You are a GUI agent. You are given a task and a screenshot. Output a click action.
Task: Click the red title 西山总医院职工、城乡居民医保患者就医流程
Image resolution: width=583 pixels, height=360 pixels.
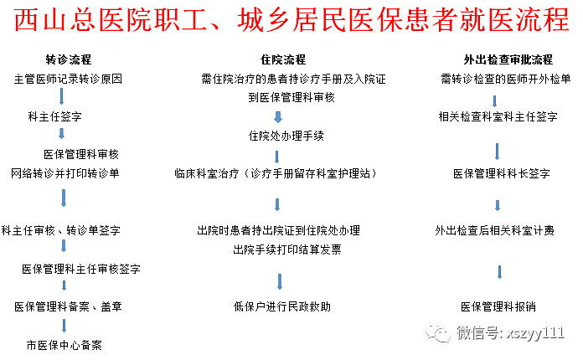pos(291,22)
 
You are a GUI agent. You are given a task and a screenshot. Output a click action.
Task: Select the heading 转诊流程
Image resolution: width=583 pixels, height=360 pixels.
pos(69,60)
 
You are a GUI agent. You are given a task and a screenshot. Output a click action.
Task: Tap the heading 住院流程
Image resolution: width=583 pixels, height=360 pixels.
pos(282,60)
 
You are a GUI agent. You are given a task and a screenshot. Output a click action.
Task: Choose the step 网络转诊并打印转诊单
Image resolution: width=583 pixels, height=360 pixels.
pos(65,173)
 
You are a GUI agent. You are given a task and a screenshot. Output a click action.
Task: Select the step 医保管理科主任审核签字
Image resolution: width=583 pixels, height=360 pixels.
pos(81,269)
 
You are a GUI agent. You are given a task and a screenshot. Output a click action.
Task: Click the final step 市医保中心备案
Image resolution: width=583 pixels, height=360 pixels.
pos(64,344)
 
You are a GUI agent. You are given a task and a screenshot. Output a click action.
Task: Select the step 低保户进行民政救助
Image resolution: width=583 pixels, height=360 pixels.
pos(282,306)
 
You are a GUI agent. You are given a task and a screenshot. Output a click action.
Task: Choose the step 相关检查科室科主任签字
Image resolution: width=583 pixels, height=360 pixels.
pos(498,117)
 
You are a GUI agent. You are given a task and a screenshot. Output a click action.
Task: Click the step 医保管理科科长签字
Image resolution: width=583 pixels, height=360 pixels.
pos(501,173)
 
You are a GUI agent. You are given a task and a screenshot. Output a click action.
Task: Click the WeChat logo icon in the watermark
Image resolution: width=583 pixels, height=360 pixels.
pos(439,334)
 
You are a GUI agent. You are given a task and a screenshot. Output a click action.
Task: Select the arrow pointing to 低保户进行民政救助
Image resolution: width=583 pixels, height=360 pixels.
pos(279,280)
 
